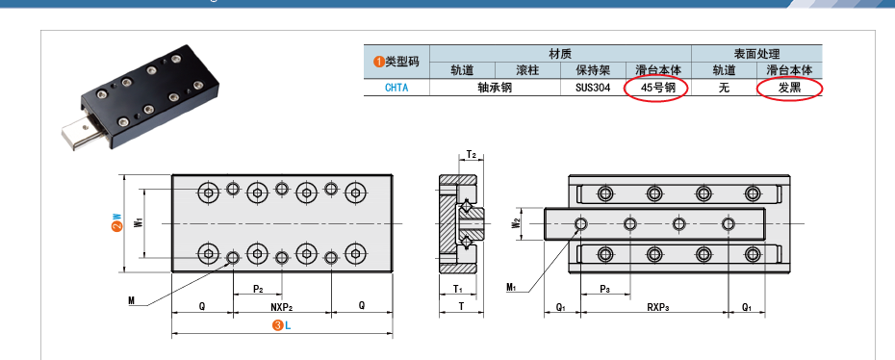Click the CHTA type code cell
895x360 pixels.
[x=396, y=88]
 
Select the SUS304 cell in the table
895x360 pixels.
[x=593, y=88]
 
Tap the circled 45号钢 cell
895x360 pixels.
[x=657, y=88]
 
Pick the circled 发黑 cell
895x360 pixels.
[x=790, y=88]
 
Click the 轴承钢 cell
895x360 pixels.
[x=495, y=88]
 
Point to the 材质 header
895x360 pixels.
[x=560, y=54]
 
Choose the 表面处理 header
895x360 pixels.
[x=756, y=54]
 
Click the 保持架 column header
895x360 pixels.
[x=593, y=70]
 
